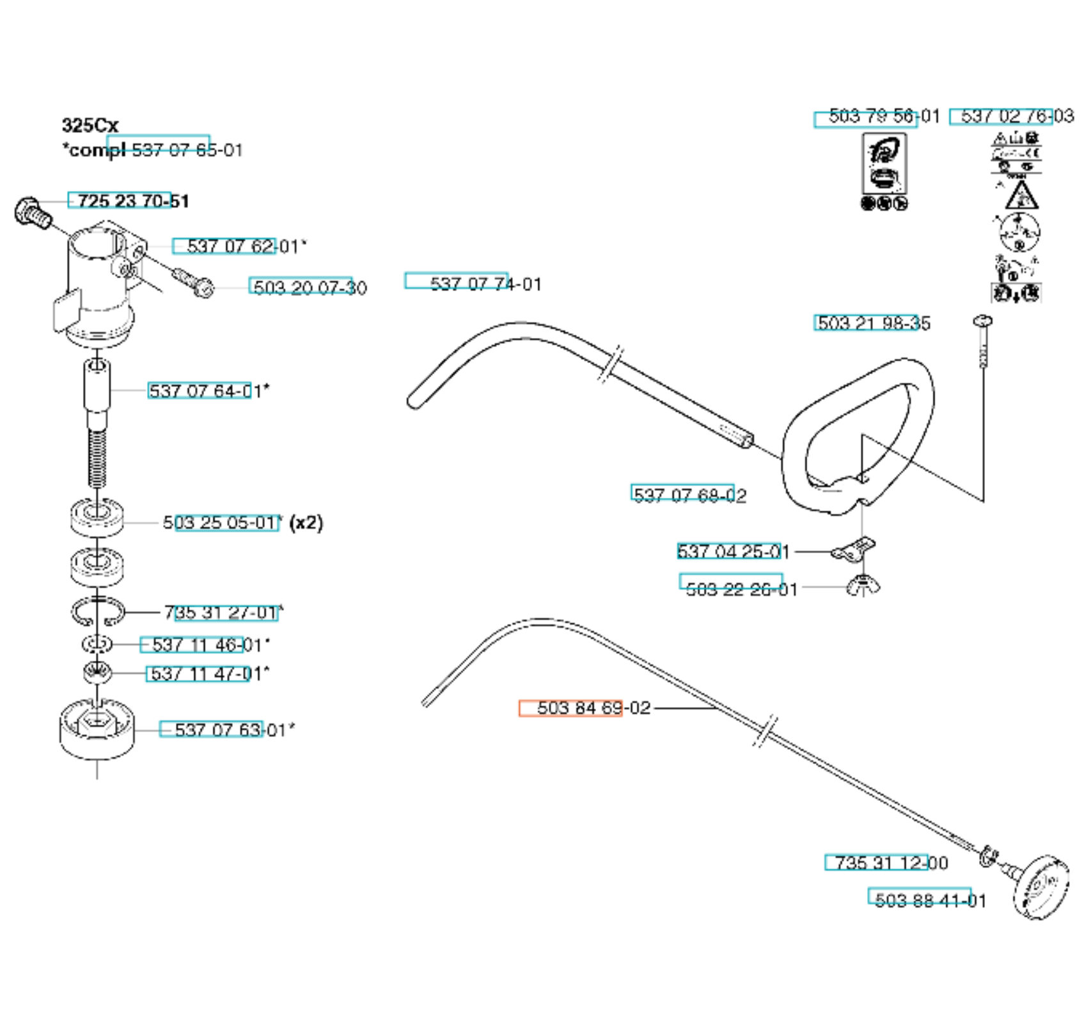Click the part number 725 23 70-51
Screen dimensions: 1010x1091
[x=133, y=201]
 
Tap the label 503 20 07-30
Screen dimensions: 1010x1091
[x=310, y=288]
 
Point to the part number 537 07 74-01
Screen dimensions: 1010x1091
[x=485, y=284]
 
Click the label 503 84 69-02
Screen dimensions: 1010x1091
[x=593, y=708]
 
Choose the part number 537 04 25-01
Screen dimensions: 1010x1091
[x=733, y=551]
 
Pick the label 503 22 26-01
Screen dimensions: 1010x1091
[x=741, y=589]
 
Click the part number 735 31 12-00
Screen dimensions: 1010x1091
[x=891, y=862]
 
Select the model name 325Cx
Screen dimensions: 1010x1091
[x=90, y=125]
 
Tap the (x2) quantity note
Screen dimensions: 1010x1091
[x=306, y=522]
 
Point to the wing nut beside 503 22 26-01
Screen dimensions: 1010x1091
[x=863, y=585]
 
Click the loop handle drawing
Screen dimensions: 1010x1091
[x=857, y=435]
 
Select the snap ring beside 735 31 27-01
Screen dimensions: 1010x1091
[x=97, y=612]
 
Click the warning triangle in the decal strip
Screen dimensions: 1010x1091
[x=1020, y=196]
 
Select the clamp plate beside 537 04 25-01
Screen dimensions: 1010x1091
[x=854, y=549]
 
